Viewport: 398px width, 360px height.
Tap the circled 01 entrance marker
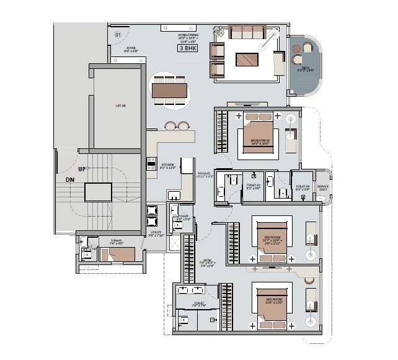click(x=118, y=35)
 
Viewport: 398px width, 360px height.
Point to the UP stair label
click(x=81, y=168)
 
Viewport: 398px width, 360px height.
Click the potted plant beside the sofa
click(x=218, y=30)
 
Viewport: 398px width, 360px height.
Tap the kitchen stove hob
click(x=150, y=164)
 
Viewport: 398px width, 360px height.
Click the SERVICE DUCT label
click(x=323, y=187)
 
